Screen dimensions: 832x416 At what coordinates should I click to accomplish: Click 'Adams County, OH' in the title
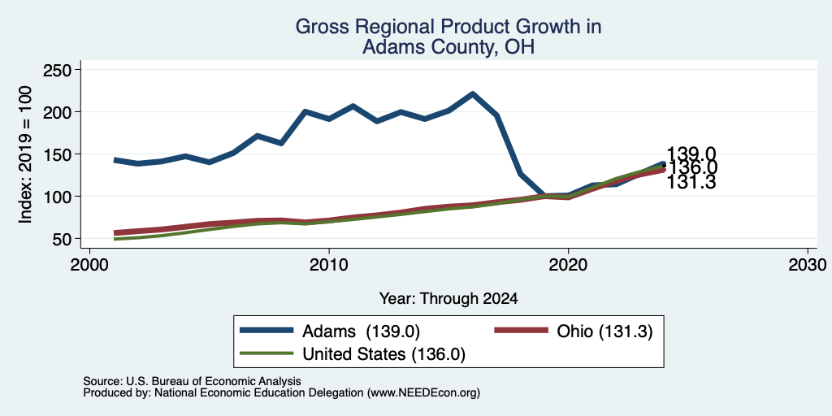point(448,47)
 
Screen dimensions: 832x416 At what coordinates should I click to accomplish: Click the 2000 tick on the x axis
point(89,264)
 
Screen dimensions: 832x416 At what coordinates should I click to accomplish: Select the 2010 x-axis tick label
point(329,264)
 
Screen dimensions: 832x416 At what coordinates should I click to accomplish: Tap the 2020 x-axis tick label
point(568,264)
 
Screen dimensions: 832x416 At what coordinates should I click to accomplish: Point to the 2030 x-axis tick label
point(807,264)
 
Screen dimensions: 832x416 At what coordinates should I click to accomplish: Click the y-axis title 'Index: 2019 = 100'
point(25,154)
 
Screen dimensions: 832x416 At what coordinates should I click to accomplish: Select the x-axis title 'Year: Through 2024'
point(448,299)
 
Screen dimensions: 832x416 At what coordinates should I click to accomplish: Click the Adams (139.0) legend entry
point(330,331)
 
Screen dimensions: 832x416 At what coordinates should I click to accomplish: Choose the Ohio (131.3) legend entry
point(574,331)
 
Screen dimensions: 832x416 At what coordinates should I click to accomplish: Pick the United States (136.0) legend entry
point(353,354)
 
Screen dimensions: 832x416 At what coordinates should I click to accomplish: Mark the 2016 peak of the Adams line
point(472,94)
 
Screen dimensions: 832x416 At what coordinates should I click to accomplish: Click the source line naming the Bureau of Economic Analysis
point(192,381)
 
